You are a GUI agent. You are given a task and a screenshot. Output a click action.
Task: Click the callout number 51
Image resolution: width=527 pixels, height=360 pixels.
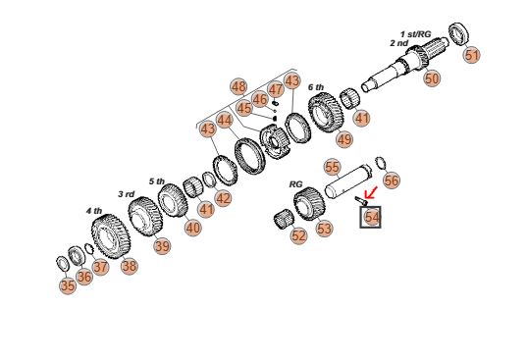[472, 55]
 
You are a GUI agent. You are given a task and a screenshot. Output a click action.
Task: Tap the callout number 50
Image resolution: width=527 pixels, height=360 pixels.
[432, 78]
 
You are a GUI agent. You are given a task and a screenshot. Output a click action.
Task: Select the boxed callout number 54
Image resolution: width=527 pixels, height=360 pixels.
[370, 217]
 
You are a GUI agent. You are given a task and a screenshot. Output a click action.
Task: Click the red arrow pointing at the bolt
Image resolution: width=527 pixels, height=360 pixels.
[371, 193]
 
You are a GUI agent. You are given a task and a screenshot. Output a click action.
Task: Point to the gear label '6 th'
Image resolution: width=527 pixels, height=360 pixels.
[316, 87]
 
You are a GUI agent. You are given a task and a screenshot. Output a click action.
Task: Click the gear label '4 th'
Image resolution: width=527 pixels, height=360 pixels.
[94, 211]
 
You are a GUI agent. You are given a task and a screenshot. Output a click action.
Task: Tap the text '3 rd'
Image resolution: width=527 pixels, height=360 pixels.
[126, 194]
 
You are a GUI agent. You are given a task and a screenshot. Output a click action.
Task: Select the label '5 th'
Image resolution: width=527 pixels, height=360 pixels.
[157, 181]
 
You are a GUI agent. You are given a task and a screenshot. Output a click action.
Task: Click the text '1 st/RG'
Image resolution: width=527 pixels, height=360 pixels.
[415, 34]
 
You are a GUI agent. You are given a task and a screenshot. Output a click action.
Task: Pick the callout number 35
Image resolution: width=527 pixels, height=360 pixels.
[68, 285]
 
